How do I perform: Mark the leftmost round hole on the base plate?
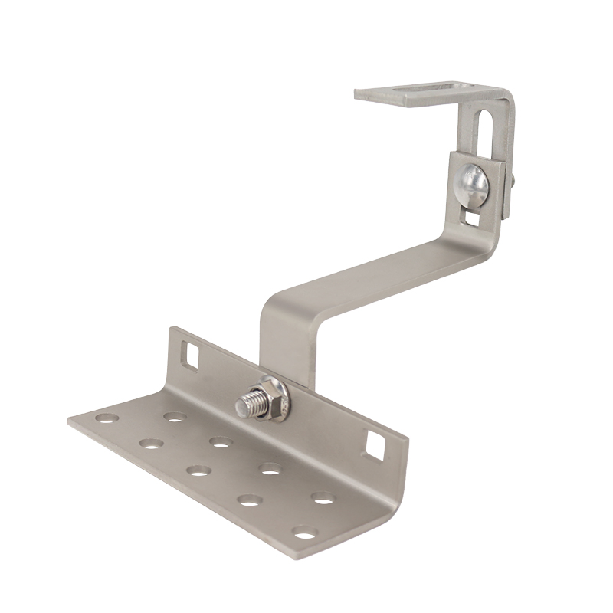coord(107,420)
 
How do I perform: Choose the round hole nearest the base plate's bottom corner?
coord(304,532)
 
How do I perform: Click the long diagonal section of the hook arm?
coord(368,272)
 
